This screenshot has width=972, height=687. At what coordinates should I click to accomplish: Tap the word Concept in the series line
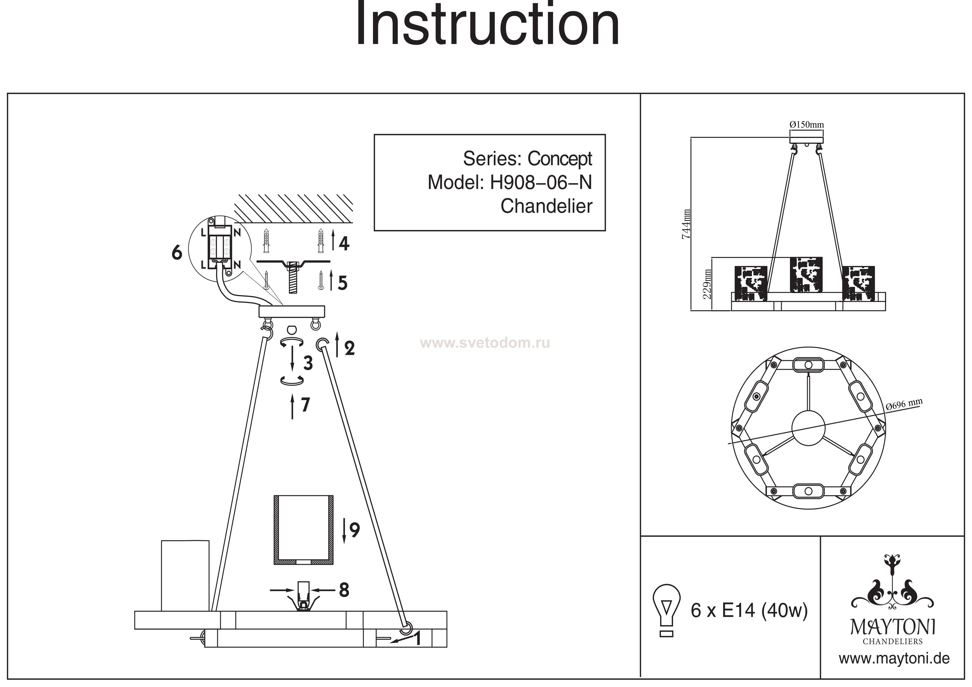click(560, 159)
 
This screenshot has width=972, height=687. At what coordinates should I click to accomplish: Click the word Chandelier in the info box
click(546, 206)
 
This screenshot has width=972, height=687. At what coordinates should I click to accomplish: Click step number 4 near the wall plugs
click(344, 243)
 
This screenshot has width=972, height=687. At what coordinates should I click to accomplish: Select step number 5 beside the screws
click(342, 283)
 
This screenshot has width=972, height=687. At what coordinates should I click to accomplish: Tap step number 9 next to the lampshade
click(355, 530)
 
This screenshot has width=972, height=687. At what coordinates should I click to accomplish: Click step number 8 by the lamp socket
click(344, 590)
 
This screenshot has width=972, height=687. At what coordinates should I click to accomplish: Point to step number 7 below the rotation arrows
click(305, 405)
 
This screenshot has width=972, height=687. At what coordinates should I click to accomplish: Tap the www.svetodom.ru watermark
click(485, 343)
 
